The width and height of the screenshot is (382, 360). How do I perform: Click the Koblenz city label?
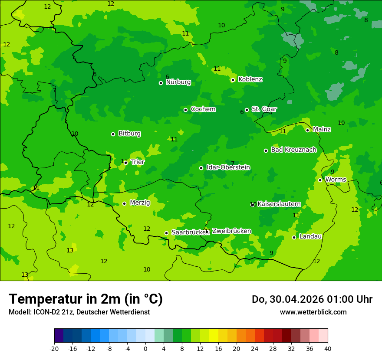click(x=250, y=79)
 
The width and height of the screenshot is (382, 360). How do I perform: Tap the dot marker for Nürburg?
click(x=161, y=83)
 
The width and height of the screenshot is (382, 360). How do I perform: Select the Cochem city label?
click(x=203, y=109)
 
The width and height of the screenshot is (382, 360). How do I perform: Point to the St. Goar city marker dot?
click(x=247, y=110)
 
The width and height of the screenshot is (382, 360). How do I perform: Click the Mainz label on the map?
click(x=322, y=130)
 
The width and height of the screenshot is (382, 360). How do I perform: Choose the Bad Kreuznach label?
click(x=293, y=150)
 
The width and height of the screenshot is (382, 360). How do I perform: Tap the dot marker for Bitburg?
click(x=113, y=134)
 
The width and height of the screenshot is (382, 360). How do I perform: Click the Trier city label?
click(x=138, y=162)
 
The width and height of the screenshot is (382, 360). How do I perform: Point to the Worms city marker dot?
click(x=320, y=180)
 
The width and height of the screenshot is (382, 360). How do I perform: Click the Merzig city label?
click(x=140, y=203)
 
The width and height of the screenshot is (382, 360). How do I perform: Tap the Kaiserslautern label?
click(x=279, y=204)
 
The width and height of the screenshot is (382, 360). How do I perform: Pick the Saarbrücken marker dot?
click(x=166, y=233)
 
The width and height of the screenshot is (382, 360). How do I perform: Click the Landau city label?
click(x=310, y=237)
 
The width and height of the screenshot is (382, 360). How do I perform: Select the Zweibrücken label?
click(x=231, y=231)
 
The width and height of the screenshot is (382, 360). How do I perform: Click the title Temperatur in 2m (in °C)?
click(x=86, y=299)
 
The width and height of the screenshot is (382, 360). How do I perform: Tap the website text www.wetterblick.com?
click(x=313, y=312)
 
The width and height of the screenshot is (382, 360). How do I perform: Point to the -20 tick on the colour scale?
click(x=54, y=348)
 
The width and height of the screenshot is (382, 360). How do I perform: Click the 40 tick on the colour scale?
click(x=328, y=348)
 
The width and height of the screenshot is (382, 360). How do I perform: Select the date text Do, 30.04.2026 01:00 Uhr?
click(x=312, y=299)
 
